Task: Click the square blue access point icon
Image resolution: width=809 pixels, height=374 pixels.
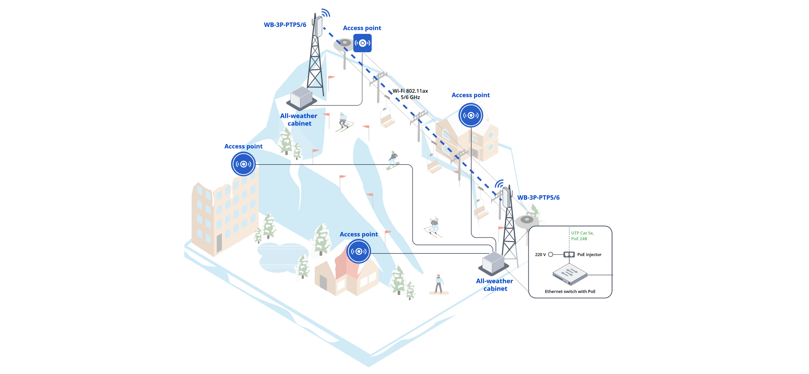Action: pos(362,43)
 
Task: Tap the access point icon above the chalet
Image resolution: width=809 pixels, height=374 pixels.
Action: pos(471,115)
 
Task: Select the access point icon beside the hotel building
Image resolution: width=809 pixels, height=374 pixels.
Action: pos(243,164)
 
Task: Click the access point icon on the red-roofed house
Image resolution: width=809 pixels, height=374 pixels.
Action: pos(359,252)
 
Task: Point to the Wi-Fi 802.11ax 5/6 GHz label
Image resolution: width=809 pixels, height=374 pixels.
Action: pos(410,94)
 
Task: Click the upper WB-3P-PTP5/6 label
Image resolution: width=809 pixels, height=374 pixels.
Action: pos(285,25)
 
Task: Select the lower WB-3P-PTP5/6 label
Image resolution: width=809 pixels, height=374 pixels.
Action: pos(538,197)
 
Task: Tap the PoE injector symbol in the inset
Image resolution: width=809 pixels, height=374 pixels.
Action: pos(569,254)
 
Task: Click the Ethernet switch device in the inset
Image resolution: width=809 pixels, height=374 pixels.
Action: pos(570,274)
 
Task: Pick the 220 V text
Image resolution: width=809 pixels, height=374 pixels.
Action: pos(540,255)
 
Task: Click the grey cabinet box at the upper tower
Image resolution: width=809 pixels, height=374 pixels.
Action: pos(301,97)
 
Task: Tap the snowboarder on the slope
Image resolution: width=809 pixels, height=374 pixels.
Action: pos(393,160)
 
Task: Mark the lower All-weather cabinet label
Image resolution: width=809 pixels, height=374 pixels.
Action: pos(495,285)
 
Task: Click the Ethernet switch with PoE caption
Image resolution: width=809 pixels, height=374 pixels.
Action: pos(570,291)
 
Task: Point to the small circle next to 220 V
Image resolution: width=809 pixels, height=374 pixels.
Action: pos(551,254)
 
